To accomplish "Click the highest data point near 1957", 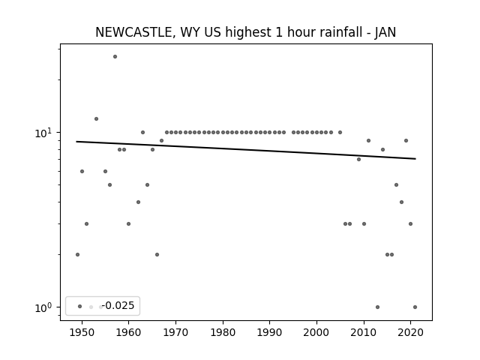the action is click(x=115, y=57).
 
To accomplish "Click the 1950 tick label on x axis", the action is click(x=82, y=332).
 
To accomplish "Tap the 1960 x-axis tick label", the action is click(x=128, y=332).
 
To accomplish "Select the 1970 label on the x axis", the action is click(x=175, y=332).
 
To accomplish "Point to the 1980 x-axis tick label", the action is click(x=223, y=332).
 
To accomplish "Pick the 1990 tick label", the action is click(x=270, y=332).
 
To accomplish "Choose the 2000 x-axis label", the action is click(x=316, y=332).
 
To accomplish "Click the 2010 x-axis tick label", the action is click(x=364, y=332).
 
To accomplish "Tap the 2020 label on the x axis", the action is click(x=411, y=332).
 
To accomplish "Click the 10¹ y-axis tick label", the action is click(x=44, y=133).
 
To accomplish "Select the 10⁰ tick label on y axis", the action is click(x=44, y=307).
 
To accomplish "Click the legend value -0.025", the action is click(x=118, y=305).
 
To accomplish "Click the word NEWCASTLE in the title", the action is click(x=134, y=32).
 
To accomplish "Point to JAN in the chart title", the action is click(x=385, y=32).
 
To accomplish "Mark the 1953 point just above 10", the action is click(x=97, y=118).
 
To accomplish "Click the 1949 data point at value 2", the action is click(x=77, y=255).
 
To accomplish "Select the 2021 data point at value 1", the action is click(x=415, y=307).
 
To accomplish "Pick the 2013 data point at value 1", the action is click(x=377, y=307).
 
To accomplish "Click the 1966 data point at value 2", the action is click(x=157, y=255).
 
